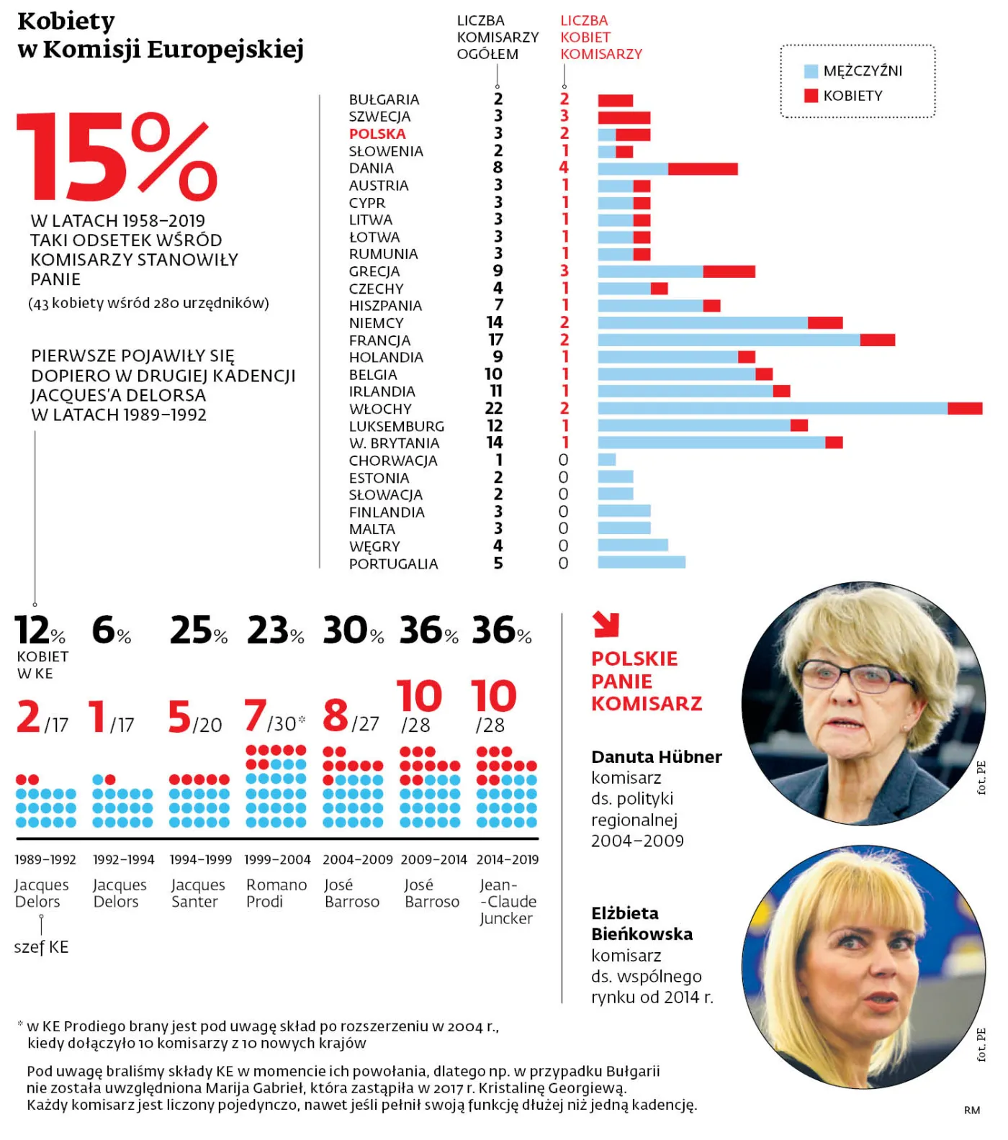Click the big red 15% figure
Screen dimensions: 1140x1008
(115, 157)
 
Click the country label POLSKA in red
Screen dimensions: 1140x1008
(377, 134)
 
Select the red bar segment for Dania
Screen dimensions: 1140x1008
(703, 169)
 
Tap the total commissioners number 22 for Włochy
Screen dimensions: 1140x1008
(494, 408)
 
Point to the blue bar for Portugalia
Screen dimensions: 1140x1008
(642, 562)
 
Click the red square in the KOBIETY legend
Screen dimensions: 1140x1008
(811, 96)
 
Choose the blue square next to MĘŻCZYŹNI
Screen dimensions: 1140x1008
(811, 71)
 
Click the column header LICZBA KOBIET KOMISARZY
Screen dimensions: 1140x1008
(600, 37)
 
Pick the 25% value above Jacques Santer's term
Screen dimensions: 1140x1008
(198, 630)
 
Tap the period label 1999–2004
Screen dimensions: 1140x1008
(277, 859)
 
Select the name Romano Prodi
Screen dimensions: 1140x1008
(276, 893)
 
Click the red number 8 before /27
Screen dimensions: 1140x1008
(336, 715)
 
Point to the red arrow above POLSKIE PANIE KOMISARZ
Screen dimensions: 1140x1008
(606, 624)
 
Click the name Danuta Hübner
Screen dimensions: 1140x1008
(656, 757)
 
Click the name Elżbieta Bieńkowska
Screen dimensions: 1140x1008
(642, 923)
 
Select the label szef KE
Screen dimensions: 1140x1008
(41, 947)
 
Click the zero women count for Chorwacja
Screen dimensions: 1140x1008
(563, 460)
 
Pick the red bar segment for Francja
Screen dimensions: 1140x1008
(878, 340)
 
